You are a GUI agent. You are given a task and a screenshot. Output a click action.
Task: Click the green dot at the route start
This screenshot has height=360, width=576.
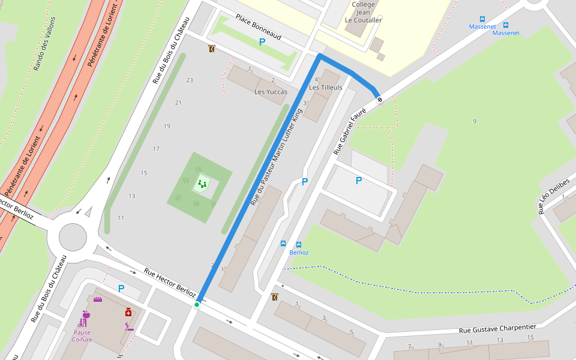(x=197, y=305)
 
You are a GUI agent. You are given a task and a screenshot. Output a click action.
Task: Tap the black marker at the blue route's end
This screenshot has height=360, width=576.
(x=379, y=100)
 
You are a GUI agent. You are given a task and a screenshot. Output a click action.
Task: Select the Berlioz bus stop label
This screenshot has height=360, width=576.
(x=299, y=253)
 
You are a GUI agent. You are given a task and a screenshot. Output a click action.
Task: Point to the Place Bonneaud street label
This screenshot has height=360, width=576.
(x=258, y=28)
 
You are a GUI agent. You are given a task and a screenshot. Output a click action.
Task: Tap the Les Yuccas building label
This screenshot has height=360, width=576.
(x=271, y=92)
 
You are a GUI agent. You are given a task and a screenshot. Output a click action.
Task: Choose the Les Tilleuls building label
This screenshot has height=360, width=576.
(x=325, y=88)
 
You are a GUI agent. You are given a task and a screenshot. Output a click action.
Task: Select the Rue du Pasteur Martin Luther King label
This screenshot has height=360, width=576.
(x=281, y=153)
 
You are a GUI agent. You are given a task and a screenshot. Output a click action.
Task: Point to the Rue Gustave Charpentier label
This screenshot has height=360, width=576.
(x=497, y=328)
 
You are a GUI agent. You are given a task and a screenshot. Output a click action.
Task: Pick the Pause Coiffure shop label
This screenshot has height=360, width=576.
(x=82, y=336)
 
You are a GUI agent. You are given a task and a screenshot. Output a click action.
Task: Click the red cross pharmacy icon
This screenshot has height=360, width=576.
(x=128, y=313)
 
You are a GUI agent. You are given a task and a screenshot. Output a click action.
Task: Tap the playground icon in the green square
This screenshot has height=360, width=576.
(x=202, y=184)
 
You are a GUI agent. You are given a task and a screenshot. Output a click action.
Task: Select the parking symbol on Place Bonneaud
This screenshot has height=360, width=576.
(x=262, y=42)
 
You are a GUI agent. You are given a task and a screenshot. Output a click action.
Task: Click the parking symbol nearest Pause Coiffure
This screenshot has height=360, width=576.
(x=121, y=289)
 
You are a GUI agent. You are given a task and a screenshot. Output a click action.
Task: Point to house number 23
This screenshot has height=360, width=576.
(x=190, y=80)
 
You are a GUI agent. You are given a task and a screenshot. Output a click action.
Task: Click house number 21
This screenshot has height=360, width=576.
(x=178, y=103)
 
